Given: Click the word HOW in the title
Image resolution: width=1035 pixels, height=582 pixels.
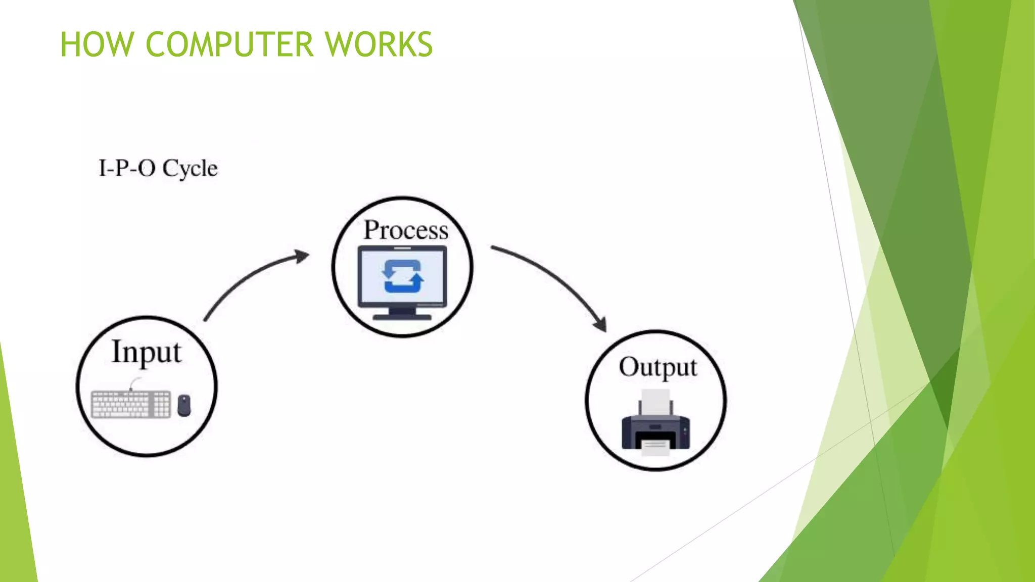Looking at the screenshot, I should [x=96, y=44].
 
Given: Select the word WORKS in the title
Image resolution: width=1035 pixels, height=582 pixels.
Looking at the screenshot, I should [x=379, y=44].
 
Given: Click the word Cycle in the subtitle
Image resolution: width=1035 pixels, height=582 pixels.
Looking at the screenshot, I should [x=190, y=168].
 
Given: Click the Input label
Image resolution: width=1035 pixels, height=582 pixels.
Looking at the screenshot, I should [x=146, y=352].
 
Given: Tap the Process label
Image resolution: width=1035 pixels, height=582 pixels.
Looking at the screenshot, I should [x=406, y=230].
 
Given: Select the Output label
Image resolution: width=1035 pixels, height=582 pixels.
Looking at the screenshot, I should [x=658, y=367].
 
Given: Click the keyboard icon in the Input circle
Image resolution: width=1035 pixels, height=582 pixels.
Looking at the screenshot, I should [x=131, y=404].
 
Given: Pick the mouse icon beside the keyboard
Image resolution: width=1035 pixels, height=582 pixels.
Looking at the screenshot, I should [x=184, y=405].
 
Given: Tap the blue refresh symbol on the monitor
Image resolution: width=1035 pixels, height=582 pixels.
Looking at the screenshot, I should [x=402, y=276].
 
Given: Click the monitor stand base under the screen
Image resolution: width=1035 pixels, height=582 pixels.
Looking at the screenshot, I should [x=402, y=317].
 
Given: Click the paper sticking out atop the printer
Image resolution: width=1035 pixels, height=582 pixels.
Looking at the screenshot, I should [x=655, y=402].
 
